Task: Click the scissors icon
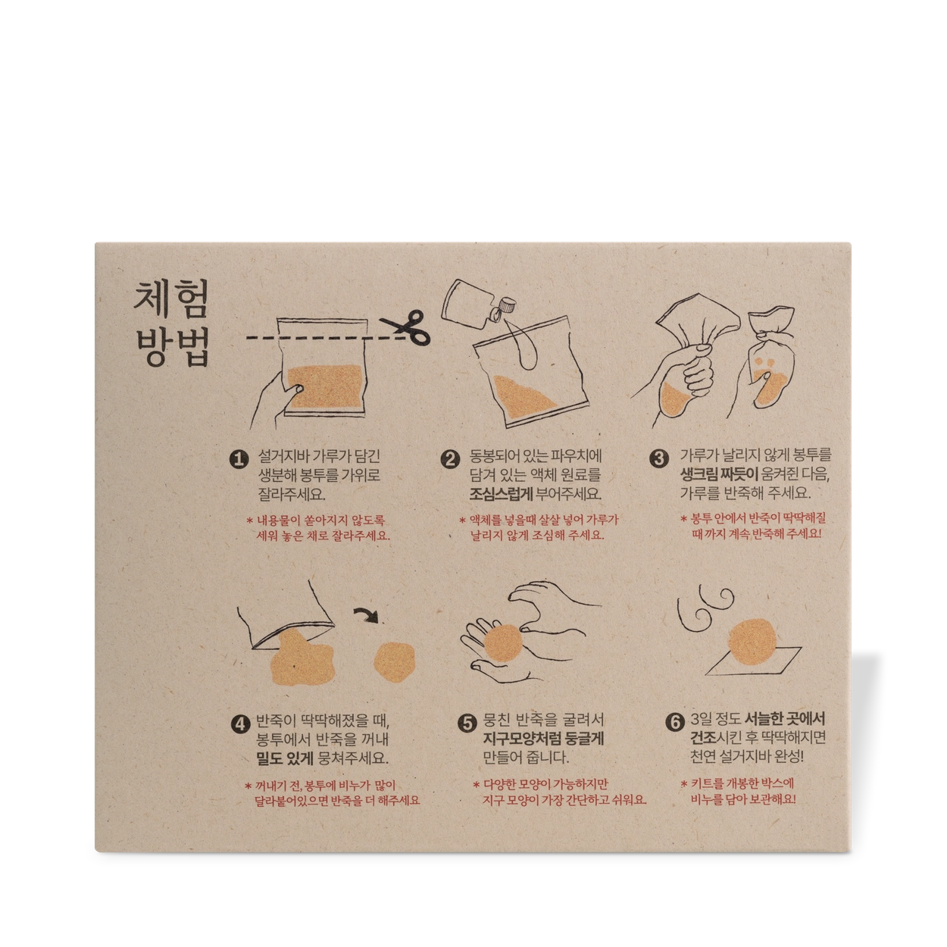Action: pos(405,327)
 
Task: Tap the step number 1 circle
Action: pos(239,460)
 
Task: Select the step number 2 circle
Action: pos(450,460)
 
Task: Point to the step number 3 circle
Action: pos(659,459)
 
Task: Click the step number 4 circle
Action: pos(241,724)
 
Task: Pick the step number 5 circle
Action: pos(467,723)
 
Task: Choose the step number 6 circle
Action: pos(674,723)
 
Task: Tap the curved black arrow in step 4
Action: pos(367,614)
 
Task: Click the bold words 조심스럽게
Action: pos(501,494)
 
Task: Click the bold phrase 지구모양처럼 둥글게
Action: pos(543,739)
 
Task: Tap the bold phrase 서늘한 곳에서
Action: pos(785,719)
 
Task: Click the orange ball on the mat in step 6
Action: pos(752,642)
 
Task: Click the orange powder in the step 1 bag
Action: pos(324,387)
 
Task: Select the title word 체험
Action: pos(171,299)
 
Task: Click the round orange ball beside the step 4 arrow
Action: pos(394,662)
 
